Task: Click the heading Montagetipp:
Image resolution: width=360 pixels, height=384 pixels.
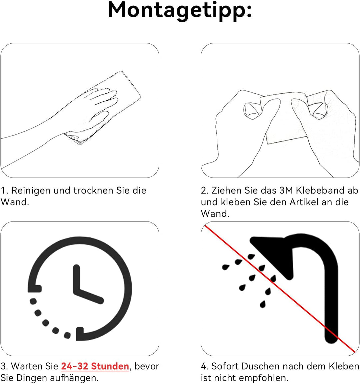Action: click(x=180, y=11)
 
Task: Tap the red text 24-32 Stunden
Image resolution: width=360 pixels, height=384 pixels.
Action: click(x=95, y=366)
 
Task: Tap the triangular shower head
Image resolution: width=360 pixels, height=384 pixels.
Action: click(x=272, y=257)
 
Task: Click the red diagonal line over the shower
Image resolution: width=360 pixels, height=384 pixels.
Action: click(x=280, y=289)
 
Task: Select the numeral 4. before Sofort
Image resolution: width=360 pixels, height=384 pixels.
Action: click(x=205, y=366)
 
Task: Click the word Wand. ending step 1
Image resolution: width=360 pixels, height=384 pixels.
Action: click(x=15, y=202)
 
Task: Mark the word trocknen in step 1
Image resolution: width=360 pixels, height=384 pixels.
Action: click(x=93, y=190)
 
